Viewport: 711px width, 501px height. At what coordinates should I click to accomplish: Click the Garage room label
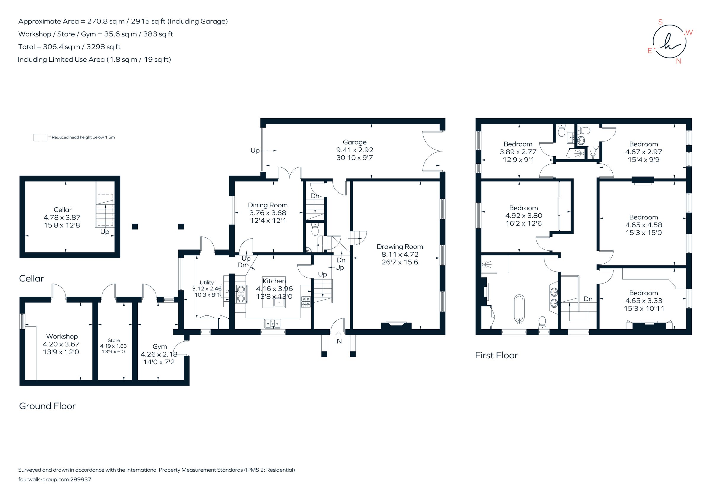[x=354, y=142]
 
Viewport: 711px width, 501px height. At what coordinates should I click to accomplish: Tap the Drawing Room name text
[x=399, y=246]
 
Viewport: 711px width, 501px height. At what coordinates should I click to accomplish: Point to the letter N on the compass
[x=678, y=61]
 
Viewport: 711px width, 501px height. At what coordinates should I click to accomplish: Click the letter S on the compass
[x=660, y=22]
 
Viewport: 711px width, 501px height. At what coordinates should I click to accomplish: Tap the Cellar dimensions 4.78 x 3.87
[x=62, y=217]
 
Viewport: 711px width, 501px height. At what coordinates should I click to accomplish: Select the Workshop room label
[x=62, y=336]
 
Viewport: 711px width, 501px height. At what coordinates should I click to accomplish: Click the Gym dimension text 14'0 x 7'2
[x=159, y=362]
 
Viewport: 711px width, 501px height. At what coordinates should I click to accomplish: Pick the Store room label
[x=114, y=340]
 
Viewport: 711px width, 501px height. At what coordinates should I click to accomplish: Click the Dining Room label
[x=268, y=205]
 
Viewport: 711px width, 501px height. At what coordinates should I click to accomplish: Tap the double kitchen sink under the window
[x=273, y=324]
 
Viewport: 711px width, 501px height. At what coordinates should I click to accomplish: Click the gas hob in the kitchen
[x=306, y=301]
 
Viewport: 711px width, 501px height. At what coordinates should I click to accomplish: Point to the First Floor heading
[x=496, y=355]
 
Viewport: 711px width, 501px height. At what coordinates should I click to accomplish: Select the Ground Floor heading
[x=47, y=406]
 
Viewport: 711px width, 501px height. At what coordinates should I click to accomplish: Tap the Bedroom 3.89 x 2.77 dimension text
[x=518, y=152]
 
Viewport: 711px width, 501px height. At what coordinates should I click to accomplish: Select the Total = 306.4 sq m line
[x=69, y=47]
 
